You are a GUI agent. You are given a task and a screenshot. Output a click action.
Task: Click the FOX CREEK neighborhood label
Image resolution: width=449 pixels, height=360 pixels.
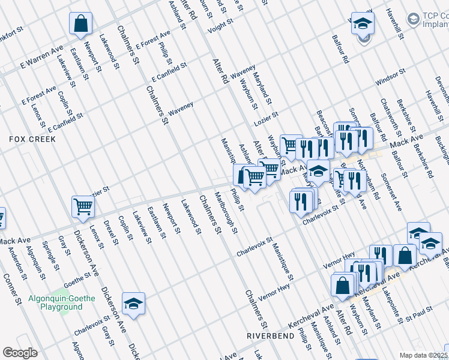tap(32, 139)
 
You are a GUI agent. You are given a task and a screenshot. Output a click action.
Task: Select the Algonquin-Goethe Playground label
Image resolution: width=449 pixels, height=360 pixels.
tap(55, 302)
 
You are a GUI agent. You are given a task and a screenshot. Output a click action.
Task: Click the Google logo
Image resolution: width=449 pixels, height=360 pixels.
tap(20, 353)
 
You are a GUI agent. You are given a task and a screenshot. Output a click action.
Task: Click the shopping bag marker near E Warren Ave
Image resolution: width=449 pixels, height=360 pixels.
tap(80, 24)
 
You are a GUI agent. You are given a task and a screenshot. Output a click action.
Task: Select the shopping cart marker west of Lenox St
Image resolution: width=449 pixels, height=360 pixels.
tap(83, 207)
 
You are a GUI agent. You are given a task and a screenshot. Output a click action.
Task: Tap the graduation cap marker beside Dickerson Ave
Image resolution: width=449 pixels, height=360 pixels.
tap(133, 304)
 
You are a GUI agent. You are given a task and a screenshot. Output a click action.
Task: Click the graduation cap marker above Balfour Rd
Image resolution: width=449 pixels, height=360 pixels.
tap(363, 24)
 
